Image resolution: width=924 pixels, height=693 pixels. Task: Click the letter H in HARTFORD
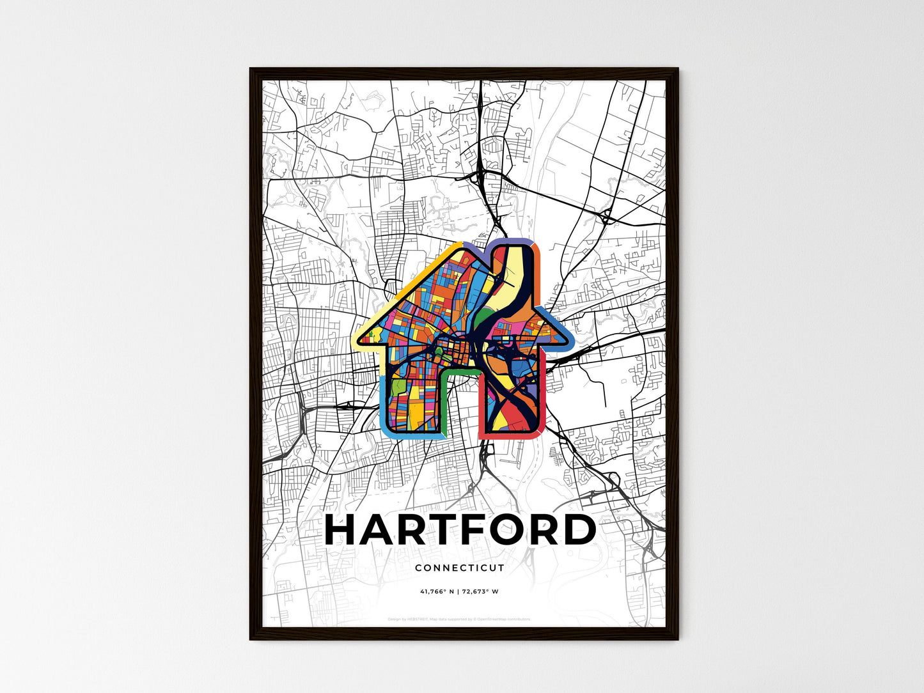click(345, 530)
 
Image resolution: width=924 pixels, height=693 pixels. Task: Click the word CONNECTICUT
click(460, 568)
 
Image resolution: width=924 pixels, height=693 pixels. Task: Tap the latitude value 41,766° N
click(437, 591)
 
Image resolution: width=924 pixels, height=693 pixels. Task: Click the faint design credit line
click(460, 619)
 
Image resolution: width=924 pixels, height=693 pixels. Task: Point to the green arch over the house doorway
click(459, 370)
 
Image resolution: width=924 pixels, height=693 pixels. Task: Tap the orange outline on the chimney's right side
click(538, 275)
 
